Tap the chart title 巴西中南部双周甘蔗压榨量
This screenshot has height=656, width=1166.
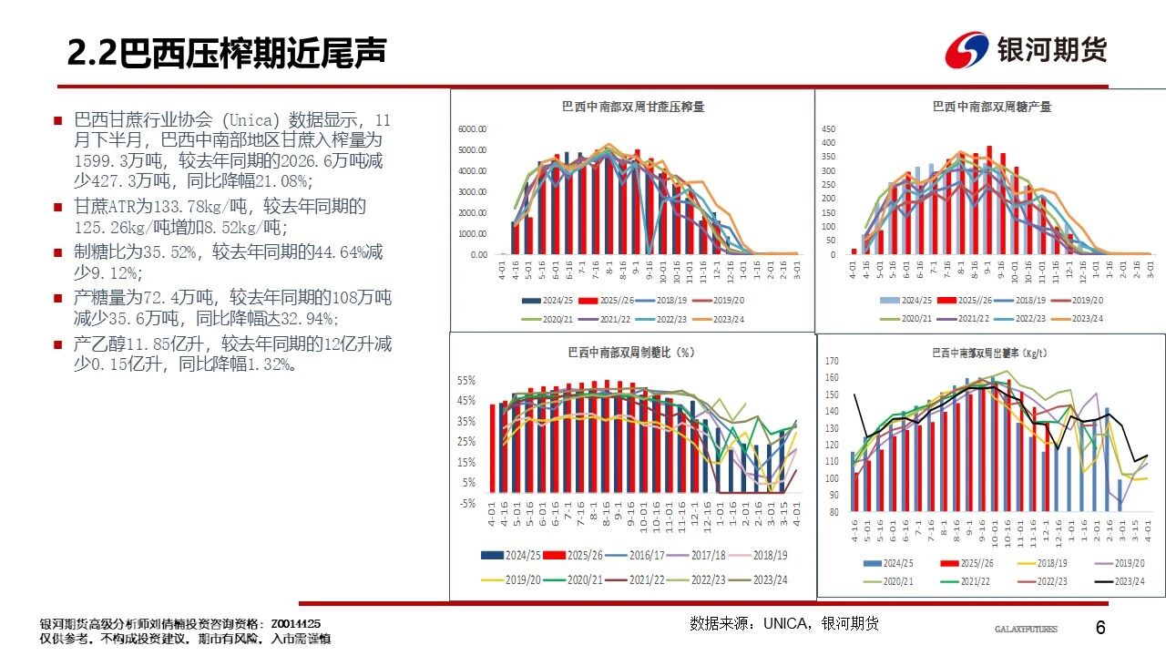click(x=632, y=107)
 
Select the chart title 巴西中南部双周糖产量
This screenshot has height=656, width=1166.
click(x=992, y=107)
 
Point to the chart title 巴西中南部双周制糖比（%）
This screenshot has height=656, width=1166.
click(x=631, y=352)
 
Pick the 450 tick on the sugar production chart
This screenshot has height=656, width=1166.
click(x=828, y=128)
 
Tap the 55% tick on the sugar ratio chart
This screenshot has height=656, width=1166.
click(x=466, y=380)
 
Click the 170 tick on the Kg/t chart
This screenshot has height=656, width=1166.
click(x=831, y=362)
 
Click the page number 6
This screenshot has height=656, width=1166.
click(x=1100, y=629)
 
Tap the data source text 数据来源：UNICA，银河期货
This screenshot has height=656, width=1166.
click(x=784, y=623)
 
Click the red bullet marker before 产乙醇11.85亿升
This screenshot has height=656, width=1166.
click(x=57, y=344)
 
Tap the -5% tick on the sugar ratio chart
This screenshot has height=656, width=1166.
click(x=466, y=503)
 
